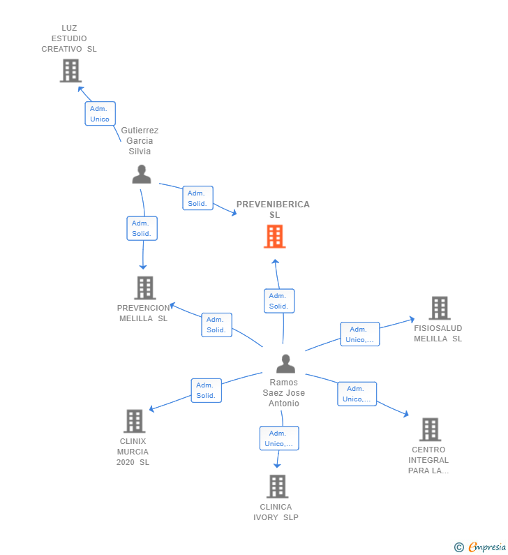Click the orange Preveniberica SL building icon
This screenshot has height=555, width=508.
tap(274, 237)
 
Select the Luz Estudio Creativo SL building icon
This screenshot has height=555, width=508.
tap(70, 71)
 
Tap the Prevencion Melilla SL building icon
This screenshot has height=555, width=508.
tap(144, 288)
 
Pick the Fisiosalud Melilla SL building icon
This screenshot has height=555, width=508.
tap(439, 308)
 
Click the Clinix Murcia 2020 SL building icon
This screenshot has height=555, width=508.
tap(134, 421)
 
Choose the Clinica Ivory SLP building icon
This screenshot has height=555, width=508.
tap(277, 486)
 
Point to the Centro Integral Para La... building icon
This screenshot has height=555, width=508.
tap(430, 429)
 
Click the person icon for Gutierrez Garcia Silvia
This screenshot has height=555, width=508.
tap(142, 175)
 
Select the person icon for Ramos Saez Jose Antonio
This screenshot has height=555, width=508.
tap(285, 364)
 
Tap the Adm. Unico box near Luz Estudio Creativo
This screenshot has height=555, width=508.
tap(100, 114)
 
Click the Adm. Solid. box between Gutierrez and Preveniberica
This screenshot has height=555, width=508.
tap(197, 198)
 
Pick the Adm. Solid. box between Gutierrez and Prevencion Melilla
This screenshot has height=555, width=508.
tap(142, 228)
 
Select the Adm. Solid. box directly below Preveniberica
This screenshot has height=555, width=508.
tap(278, 301)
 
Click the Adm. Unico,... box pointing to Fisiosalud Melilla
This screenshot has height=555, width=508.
tap(359, 334)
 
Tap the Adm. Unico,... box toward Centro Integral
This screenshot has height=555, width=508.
tap(357, 394)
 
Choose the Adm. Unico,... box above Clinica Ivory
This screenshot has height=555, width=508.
tap(278, 438)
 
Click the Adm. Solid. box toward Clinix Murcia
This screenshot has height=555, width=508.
tap(206, 390)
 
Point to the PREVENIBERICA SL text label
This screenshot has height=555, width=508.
tap(273, 209)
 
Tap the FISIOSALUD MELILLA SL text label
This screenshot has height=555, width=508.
tap(438, 333)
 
